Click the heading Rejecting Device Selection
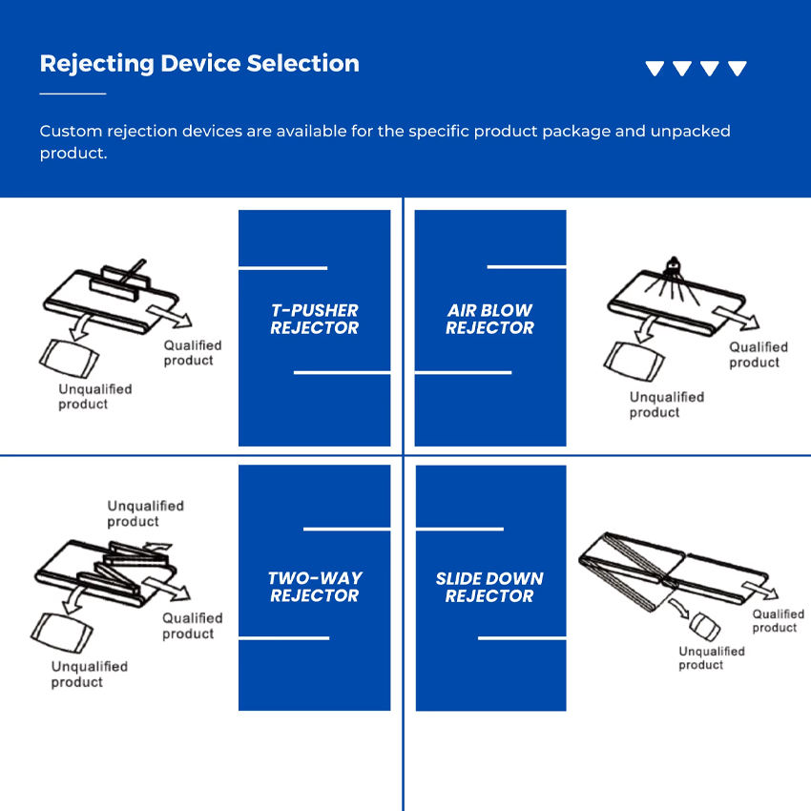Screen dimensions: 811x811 (x=199, y=64)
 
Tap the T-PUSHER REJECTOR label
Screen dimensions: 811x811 (x=314, y=320)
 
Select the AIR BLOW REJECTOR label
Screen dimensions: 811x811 (x=489, y=320)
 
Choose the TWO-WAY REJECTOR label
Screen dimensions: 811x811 (x=314, y=587)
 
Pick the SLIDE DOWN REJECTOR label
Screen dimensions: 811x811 (x=489, y=587)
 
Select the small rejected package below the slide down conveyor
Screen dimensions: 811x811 (x=706, y=627)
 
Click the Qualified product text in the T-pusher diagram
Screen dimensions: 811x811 (x=192, y=353)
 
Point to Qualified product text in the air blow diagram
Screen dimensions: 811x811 (x=759, y=355)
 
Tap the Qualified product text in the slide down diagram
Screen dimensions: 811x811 (x=778, y=621)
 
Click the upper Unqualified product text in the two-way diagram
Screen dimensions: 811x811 (x=145, y=513)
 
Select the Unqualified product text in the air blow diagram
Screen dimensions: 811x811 (x=666, y=405)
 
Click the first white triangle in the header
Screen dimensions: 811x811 (x=655, y=69)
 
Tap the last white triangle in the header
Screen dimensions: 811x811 (x=738, y=69)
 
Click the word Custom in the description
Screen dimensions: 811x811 (x=67, y=131)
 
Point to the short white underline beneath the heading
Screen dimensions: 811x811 (x=73, y=94)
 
